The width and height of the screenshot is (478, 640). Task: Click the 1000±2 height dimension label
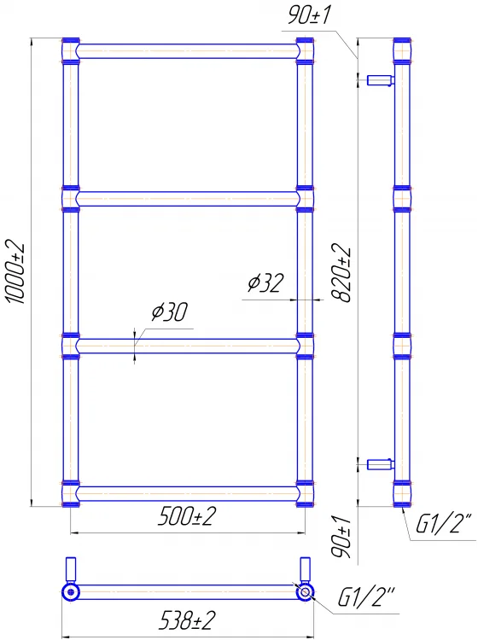15,273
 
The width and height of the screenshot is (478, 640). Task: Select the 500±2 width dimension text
187,516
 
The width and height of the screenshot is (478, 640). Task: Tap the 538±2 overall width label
187,621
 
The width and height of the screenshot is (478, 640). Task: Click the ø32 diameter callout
265,282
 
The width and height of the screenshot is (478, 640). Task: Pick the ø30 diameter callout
170,311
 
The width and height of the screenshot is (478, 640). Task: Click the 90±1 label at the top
309,15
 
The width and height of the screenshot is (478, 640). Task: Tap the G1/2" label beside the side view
444,524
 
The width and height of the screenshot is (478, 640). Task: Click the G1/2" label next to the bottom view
366,597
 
